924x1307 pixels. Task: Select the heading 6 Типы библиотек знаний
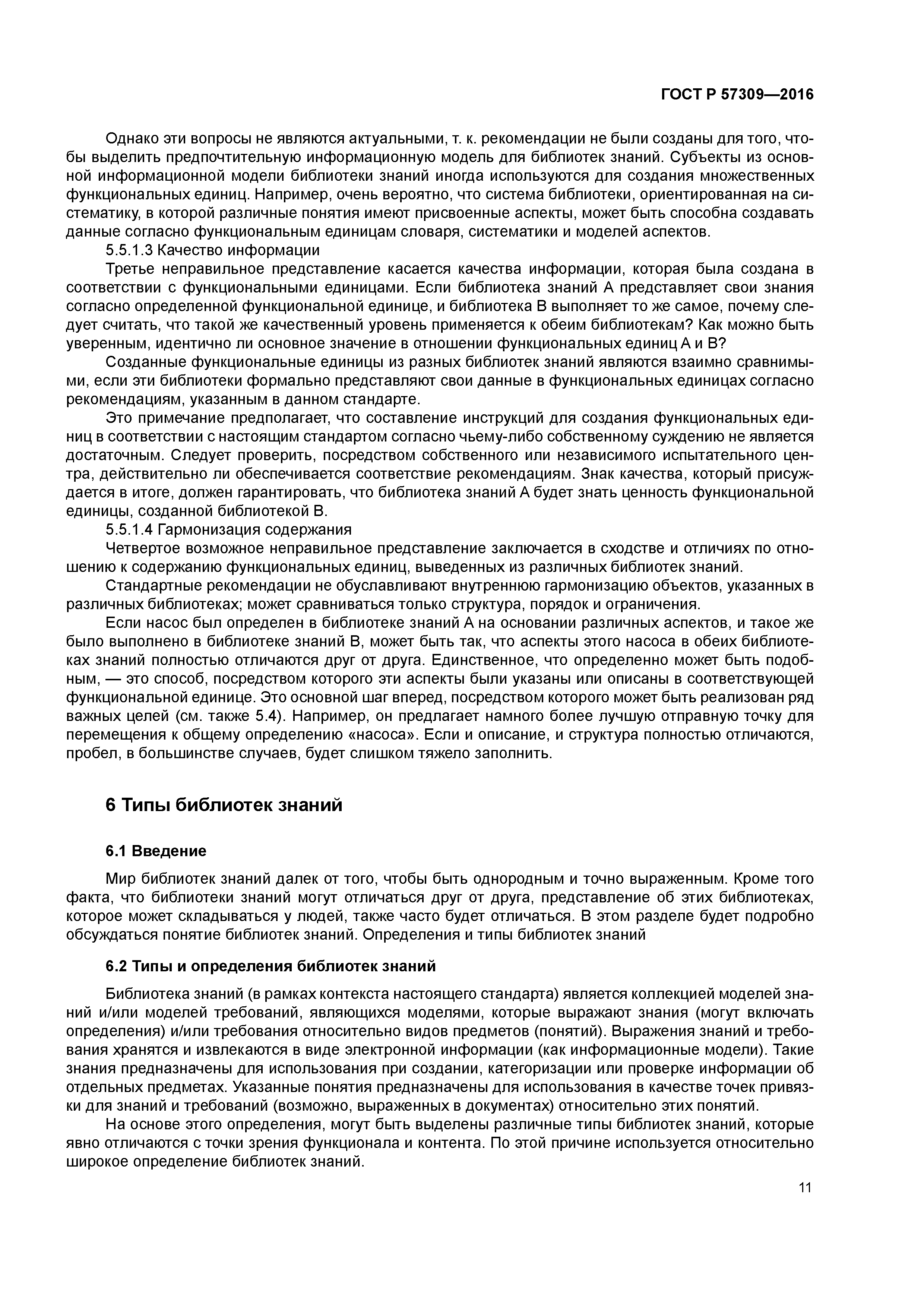point(224,805)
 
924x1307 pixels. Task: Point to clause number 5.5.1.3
point(129,250)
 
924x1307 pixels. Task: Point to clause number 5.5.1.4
point(129,530)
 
